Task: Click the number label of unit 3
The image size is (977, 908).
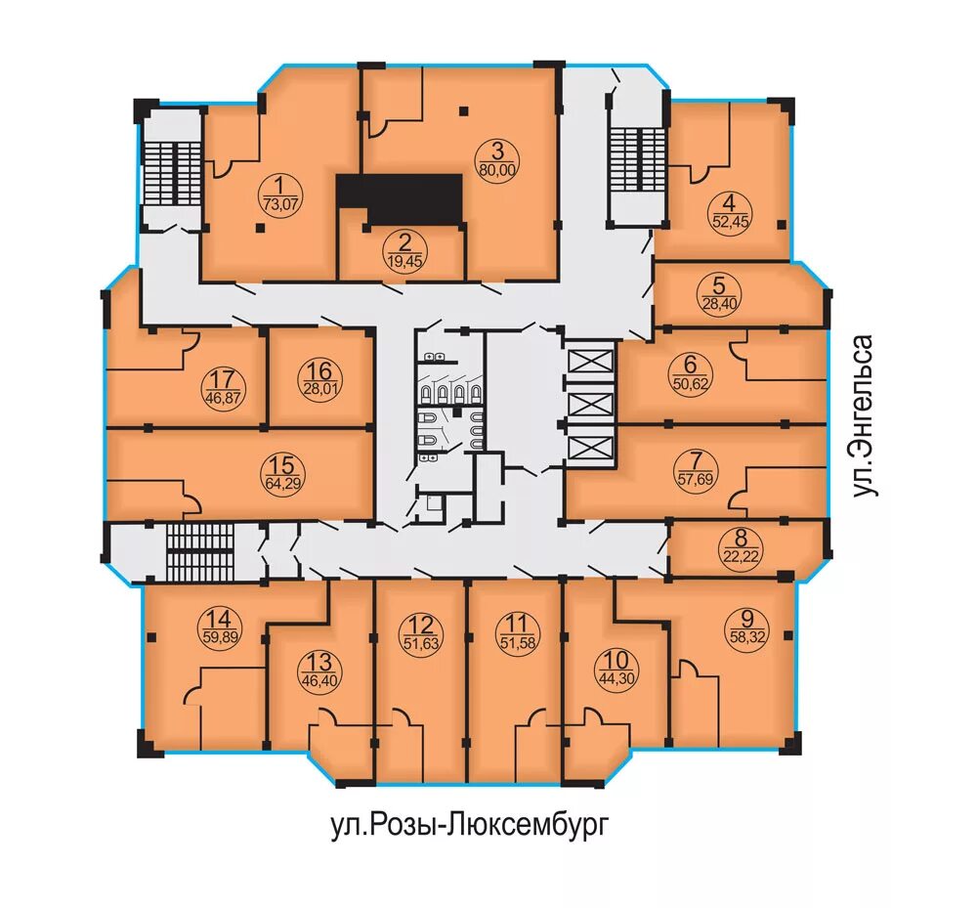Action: pos(496,151)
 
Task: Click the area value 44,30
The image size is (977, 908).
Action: pos(616,678)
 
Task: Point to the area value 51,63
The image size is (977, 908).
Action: pos(422,643)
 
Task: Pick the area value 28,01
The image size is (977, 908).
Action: pos(319,388)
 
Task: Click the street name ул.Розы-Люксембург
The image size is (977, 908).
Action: pos(469,825)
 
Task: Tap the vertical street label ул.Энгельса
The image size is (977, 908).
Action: pos(864,416)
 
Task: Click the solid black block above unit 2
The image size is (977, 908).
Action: pos(400,199)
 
